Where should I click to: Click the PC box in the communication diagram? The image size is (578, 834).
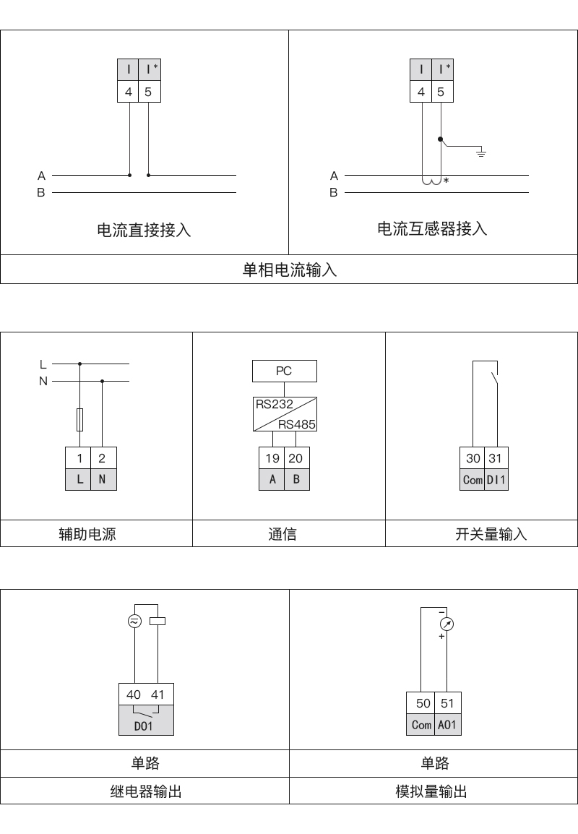pyautogui.click(x=285, y=371)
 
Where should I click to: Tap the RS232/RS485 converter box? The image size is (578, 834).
pyautogui.click(x=285, y=414)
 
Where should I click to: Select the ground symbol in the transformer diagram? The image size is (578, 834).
pyautogui.click(x=480, y=153)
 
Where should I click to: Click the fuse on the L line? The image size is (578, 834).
pyautogui.click(x=79, y=419)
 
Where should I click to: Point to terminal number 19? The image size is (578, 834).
pyautogui.click(x=272, y=458)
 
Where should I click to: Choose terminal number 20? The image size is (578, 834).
pyautogui.click(x=296, y=458)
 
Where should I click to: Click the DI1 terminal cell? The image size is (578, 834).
pyautogui.click(x=496, y=479)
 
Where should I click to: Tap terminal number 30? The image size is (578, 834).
pyautogui.click(x=473, y=458)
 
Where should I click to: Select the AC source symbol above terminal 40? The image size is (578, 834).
pyautogui.click(x=134, y=621)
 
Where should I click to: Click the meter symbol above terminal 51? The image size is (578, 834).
pyautogui.click(x=447, y=624)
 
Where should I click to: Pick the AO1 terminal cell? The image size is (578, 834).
pyautogui.click(x=447, y=724)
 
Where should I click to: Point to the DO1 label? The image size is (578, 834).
pyautogui.click(x=144, y=726)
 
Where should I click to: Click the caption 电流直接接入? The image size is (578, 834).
pyautogui.click(x=144, y=230)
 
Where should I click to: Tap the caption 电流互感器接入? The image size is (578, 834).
pyautogui.click(x=432, y=228)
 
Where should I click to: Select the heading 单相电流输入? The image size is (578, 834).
pyautogui.click(x=290, y=270)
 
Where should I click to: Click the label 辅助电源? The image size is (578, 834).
pyautogui.click(x=87, y=533)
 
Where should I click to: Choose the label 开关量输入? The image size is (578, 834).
pyautogui.click(x=491, y=533)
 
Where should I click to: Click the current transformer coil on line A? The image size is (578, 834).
pyautogui.click(x=432, y=181)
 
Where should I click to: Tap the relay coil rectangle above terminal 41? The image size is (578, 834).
pyautogui.click(x=158, y=621)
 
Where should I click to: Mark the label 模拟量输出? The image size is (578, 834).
pyautogui.click(x=431, y=791)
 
